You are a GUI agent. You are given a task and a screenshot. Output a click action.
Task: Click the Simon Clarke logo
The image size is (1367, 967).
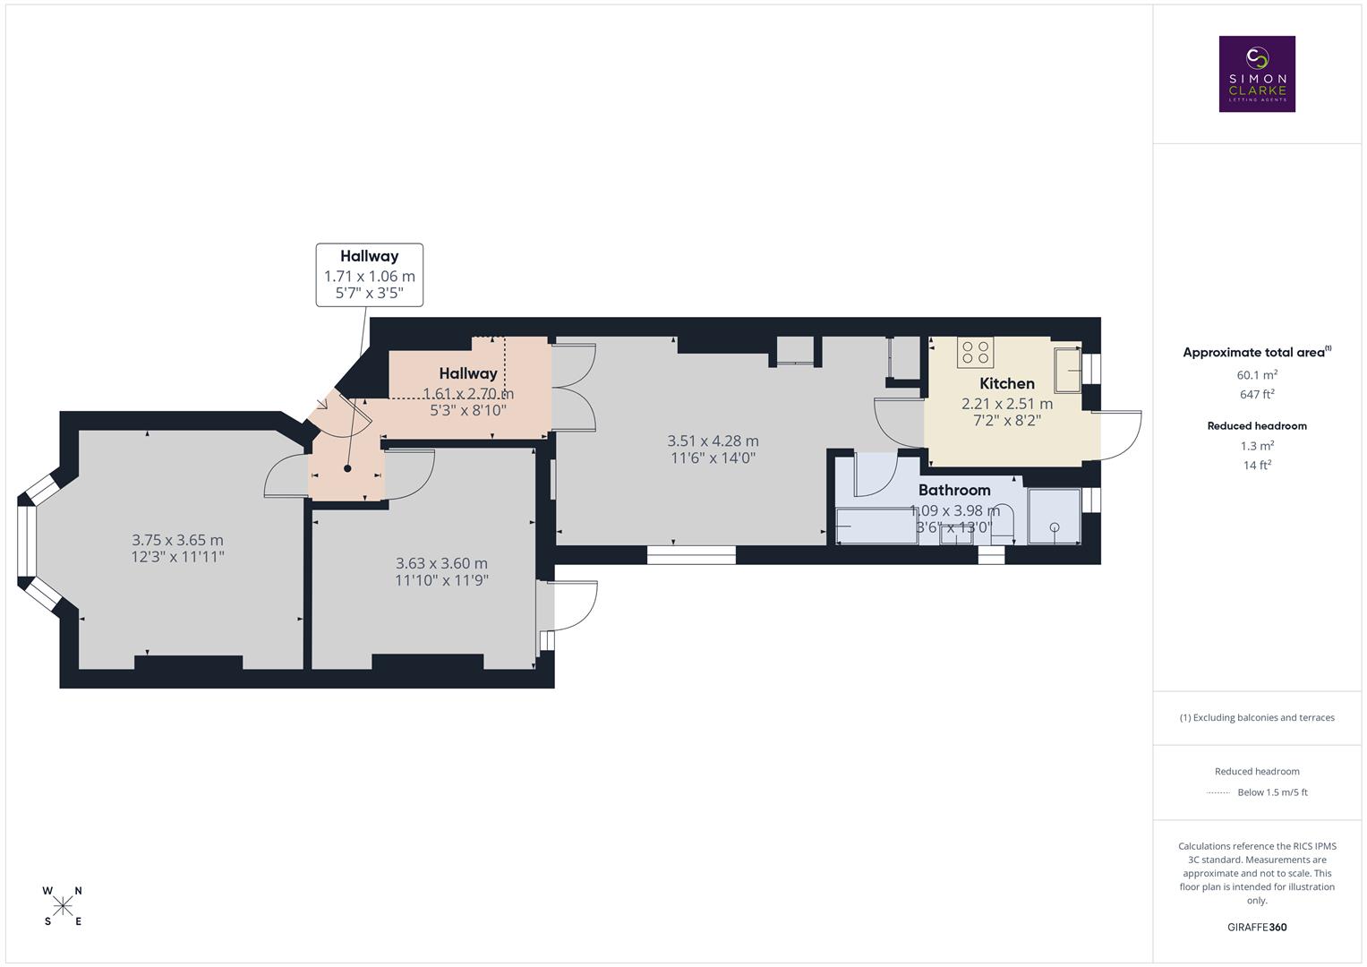click(1256, 73)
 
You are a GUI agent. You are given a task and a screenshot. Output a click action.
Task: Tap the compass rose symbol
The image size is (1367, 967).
click(63, 906)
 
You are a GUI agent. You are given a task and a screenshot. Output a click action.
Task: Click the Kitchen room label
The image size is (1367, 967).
click(1006, 383)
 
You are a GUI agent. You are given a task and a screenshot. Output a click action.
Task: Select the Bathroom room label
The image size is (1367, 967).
click(953, 490)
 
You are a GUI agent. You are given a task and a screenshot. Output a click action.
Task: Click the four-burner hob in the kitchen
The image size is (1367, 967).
click(975, 352)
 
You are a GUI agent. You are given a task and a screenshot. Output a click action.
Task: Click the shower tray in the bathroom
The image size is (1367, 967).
click(1054, 517)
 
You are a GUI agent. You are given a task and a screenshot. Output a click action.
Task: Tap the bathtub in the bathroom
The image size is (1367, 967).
click(876, 526)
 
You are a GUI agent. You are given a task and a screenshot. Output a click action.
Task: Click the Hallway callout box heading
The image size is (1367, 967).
click(369, 256)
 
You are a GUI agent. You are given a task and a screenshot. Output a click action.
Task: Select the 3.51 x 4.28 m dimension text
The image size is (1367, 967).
click(713, 441)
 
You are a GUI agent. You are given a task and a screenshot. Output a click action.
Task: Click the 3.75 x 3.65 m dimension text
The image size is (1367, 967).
click(177, 540)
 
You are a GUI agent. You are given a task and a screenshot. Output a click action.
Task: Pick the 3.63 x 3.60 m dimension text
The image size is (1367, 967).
click(441, 563)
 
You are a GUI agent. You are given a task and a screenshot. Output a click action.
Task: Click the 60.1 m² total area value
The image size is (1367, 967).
click(1257, 375)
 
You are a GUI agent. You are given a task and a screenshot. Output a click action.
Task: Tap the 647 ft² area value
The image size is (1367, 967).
click(1257, 394)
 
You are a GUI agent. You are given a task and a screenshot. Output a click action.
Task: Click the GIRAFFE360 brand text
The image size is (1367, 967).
click(1256, 927)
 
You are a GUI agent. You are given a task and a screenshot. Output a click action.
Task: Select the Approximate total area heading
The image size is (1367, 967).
click(1256, 353)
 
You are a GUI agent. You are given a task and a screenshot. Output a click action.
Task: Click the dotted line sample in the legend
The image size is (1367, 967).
click(1217, 792)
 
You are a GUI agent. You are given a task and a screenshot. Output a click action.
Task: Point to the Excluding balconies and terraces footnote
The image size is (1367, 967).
click(1256, 717)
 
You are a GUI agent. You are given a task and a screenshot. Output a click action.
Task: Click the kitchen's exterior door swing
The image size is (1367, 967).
click(1119, 435)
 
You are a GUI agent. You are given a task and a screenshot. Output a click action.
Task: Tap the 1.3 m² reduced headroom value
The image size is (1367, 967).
click(1257, 446)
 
